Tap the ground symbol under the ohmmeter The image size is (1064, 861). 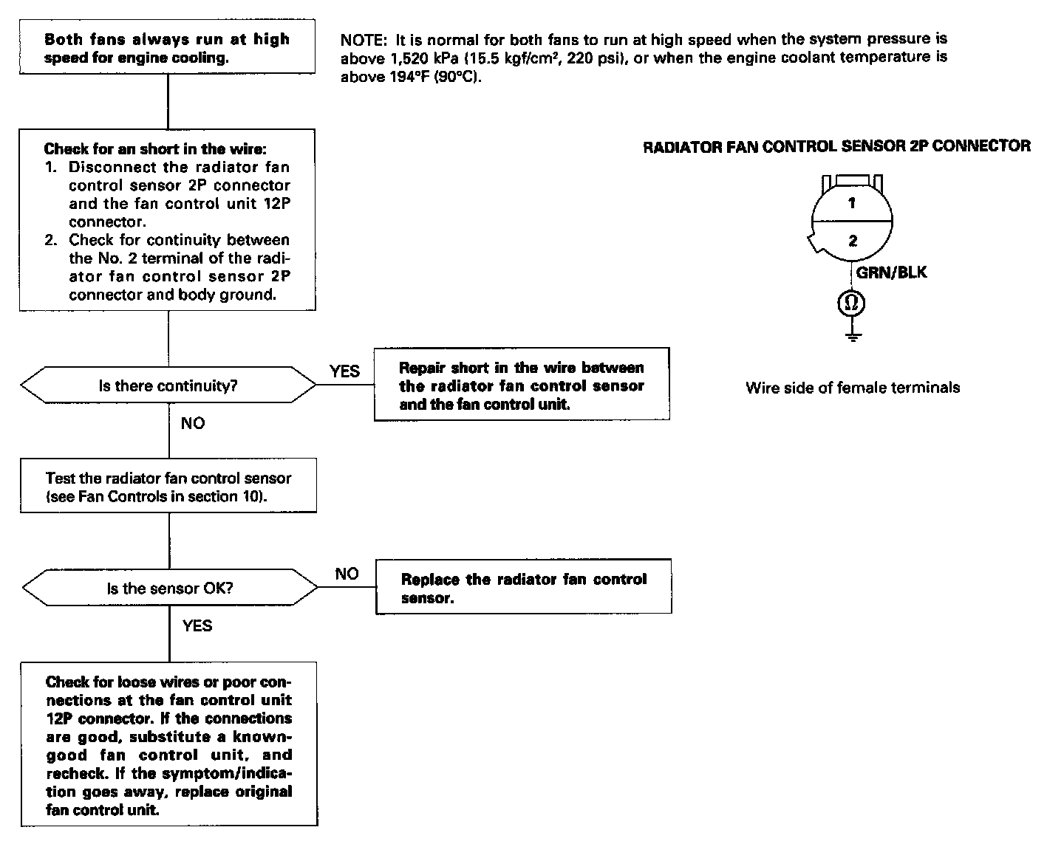(853, 337)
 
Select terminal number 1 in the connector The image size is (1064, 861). (852, 203)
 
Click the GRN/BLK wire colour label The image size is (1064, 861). (891, 272)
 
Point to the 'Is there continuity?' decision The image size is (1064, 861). (168, 385)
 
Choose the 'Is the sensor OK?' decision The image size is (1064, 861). (170, 589)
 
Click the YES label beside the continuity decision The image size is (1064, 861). (344, 371)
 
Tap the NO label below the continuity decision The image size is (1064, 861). (193, 423)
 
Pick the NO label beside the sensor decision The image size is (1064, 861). (347, 574)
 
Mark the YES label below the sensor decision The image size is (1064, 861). (197, 626)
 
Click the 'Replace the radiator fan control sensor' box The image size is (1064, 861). (523, 588)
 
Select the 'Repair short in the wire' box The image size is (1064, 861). (522, 385)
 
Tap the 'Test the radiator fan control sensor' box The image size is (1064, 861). (168, 487)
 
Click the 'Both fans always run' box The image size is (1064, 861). (168, 47)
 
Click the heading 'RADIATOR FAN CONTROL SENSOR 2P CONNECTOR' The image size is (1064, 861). (836, 146)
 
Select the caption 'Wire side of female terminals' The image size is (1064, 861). (853, 388)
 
